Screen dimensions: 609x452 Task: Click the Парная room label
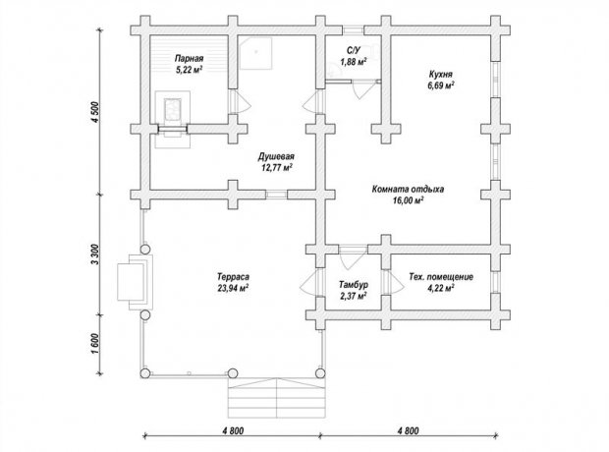tap(189, 59)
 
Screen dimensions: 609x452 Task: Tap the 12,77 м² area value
tap(277, 167)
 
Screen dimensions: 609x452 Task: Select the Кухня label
tap(440, 74)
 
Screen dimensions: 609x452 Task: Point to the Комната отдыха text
tap(408, 190)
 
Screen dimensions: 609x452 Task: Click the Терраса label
tap(233, 277)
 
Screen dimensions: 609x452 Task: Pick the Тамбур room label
tap(354, 285)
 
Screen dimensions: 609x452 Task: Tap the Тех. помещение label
tap(441, 277)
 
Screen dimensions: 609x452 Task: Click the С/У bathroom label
tap(354, 50)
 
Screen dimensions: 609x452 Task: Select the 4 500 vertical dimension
tap(95, 112)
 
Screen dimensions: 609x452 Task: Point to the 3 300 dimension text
tap(95, 254)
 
